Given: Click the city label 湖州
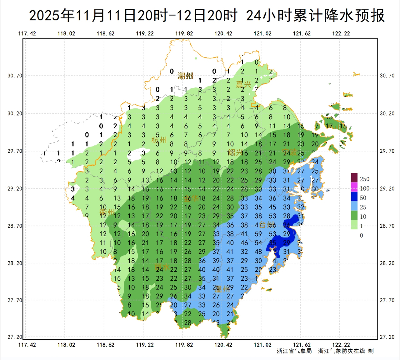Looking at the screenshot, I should coord(185,76).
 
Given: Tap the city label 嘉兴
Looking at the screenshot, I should coord(243,84).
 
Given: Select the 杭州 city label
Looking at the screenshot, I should coord(159,140).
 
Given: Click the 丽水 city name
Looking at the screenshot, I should coord(162,267).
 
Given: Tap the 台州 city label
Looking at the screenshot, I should coord(268,225).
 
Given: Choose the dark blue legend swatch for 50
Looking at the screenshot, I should coord(354,196).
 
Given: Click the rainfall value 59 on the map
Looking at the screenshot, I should coord(258,234).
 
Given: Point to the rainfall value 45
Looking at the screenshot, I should coord(272,207).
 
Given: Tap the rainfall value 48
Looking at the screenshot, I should coord(258,252).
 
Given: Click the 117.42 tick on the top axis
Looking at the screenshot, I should coord(27,34).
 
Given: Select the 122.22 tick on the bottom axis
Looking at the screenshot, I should coord(341,345).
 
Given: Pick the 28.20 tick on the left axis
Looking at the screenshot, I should coord(15,263).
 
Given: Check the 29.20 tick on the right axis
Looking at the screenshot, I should coord(387,189).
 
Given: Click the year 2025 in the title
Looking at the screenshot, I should coord(44,16).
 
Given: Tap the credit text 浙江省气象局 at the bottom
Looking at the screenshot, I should coord(294,351).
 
